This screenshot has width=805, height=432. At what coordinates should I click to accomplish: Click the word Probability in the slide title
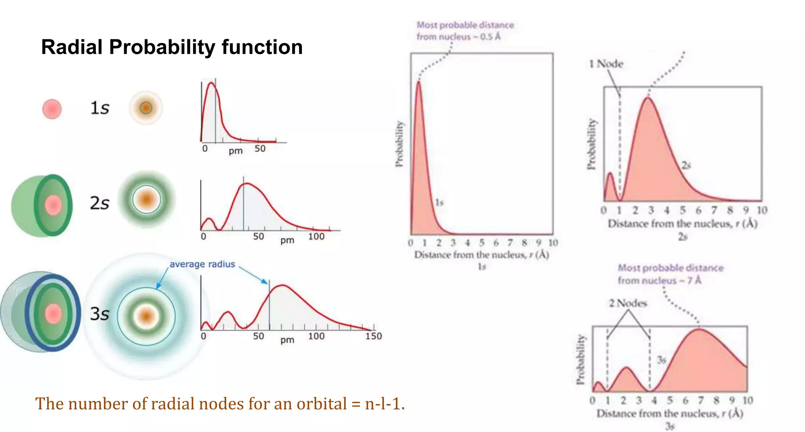tap(162, 47)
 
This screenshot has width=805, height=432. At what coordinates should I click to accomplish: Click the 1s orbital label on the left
tap(99, 108)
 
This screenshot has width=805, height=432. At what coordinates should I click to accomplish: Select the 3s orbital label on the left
tap(99, 314)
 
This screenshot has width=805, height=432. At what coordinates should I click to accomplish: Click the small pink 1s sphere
tap(52, 109)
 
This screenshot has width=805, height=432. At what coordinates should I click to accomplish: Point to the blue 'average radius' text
tap(202, 264)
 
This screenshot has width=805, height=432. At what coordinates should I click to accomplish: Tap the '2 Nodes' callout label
tap(628, 303)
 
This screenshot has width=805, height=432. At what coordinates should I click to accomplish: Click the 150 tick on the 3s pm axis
tap(373, 336)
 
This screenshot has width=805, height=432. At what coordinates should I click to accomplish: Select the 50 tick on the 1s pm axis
tap(260, 149)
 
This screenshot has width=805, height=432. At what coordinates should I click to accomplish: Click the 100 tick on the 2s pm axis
tap(316, 237)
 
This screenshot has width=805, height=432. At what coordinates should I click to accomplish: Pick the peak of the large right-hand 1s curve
tap(419, 82)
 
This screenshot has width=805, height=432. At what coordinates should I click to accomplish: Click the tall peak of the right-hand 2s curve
tap(648, 98)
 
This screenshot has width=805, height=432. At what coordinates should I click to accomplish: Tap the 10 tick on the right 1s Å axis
tap(553, 243)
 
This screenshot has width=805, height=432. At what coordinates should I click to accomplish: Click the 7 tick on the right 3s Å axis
tap(700, 400)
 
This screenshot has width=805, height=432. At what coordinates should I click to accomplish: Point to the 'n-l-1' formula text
tap(384, 404)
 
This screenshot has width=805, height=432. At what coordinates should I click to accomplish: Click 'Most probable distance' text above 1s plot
tap(465, 25)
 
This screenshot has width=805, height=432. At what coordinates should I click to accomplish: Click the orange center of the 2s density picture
tap(147, 199)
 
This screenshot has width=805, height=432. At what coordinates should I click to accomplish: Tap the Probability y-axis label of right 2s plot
tap(591, 144)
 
